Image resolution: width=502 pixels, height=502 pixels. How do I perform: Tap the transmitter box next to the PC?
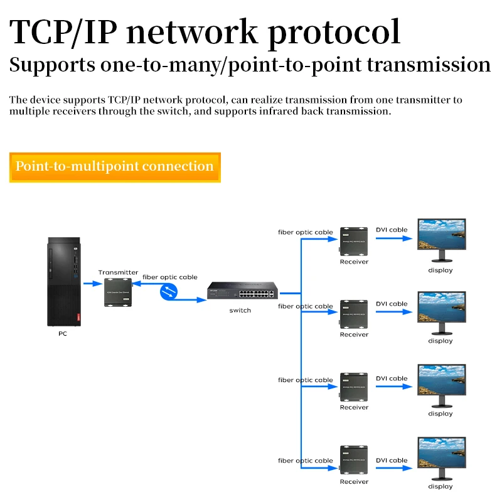click(119, 293)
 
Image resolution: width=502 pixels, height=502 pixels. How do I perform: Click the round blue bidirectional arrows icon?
click(169, 291)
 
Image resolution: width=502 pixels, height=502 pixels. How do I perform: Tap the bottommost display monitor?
click(442, 459)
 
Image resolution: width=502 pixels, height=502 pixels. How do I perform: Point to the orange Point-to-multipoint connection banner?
click(115, 167)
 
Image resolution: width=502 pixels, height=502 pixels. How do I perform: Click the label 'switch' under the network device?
click(240, 311)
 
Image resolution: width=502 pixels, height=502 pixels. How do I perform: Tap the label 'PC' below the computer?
click(63, 334)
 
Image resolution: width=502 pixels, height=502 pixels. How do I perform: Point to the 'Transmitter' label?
click(118, 272)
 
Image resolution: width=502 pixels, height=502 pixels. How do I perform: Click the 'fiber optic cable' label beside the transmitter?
click(170, 277)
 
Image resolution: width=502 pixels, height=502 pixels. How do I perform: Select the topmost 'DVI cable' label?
click(392, 230)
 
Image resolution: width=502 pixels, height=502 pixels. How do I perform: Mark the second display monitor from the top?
click(442, 313)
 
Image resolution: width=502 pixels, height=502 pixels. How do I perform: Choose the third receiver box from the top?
click(354, 387)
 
